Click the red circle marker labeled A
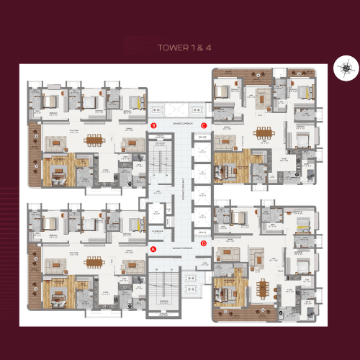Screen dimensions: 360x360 153,249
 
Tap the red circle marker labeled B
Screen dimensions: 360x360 153,125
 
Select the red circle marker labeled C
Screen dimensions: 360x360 204,125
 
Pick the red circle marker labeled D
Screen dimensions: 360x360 204,243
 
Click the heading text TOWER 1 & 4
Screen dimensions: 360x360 180,49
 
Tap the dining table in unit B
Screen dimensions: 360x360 93,140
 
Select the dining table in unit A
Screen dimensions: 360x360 93,261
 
